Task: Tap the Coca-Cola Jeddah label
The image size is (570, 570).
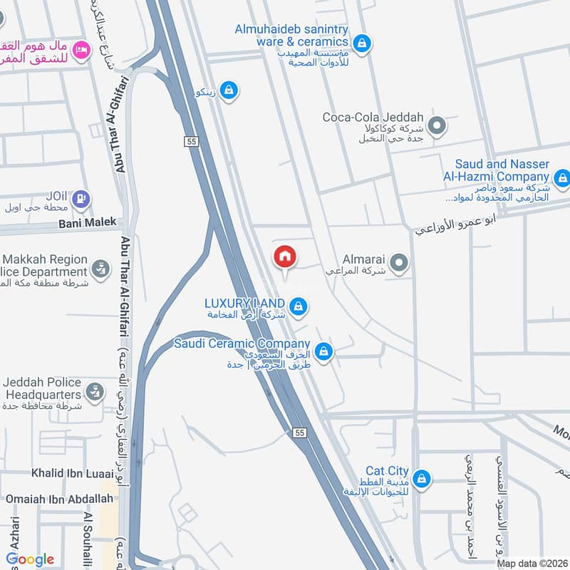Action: [x=373, y=118]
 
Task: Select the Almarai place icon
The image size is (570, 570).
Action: [x=399, y=264]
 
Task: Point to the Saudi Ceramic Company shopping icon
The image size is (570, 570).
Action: [x=324, y=351]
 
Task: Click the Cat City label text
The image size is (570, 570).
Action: [x=387, y=471]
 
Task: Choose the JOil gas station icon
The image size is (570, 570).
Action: [x=81, y=199]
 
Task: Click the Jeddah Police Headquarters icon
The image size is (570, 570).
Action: [x=94, y=391]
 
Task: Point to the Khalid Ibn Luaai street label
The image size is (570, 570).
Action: [x=72, y=473]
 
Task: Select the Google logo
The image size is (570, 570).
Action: [x=30, y=559]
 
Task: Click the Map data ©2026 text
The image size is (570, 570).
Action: [x=532, y=564]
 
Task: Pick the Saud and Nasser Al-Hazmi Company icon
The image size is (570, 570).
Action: [x=562, y=177]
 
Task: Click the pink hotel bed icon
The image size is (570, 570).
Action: [x=82, y=50]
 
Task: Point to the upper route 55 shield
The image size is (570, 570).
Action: [x=190, y=141]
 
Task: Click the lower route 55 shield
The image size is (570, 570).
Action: [x=299, y=432]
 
